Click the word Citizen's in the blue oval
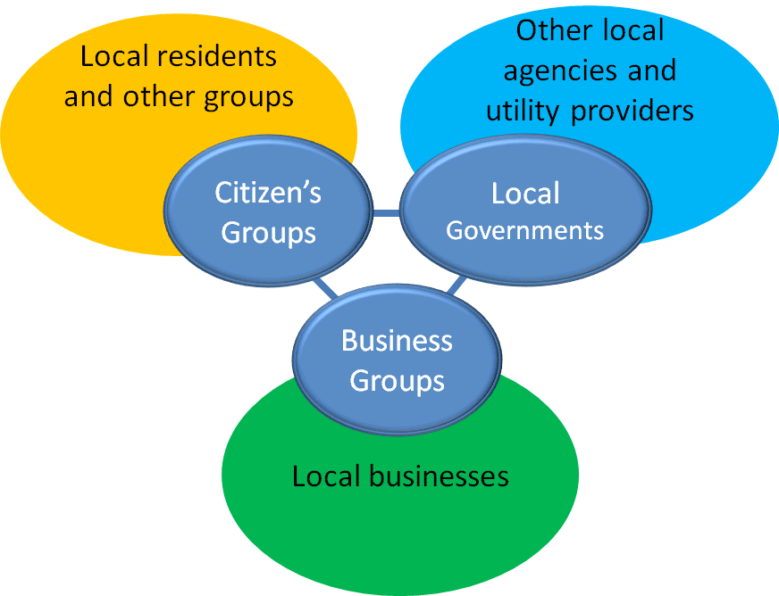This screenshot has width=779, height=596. point(268,194)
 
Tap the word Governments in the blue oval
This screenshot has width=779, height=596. point(524,230)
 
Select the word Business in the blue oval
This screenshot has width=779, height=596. point(397,341)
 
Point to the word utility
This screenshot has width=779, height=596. point(527,111)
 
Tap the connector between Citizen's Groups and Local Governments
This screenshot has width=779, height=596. point(385,212)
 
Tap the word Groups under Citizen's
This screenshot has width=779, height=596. point(268,233)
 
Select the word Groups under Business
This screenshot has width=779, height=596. point(397,381)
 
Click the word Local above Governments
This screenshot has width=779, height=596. point(524,194)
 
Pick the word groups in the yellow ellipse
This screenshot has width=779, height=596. point(248,97)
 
